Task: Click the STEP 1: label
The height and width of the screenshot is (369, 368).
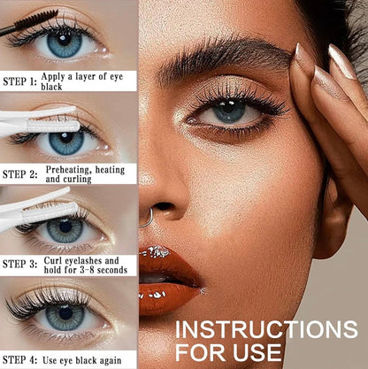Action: coord(19,81)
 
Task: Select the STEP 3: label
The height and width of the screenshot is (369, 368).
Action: coord(19,264)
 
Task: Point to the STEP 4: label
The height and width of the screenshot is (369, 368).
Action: coord(19,359)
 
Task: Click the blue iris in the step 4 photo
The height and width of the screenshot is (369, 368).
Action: coord(65,316)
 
